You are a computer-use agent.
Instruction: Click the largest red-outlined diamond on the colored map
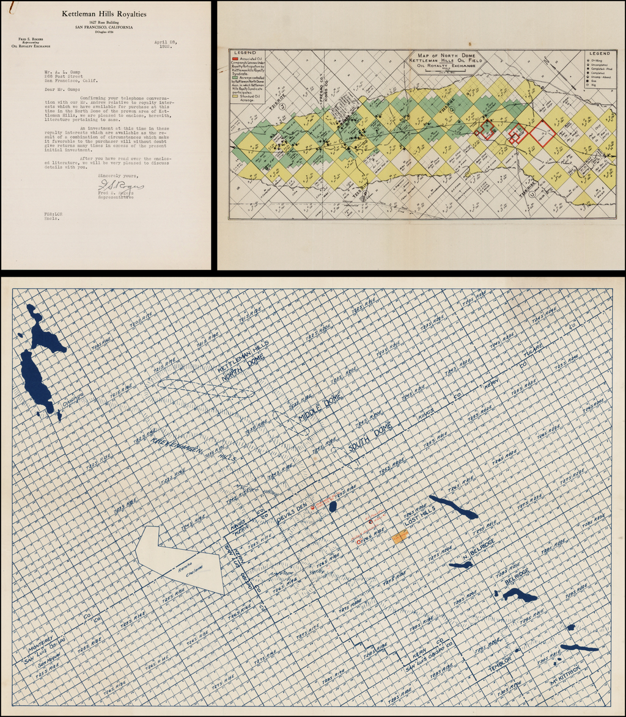click(542, 133)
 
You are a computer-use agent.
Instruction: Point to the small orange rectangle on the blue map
click(400, 537)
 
